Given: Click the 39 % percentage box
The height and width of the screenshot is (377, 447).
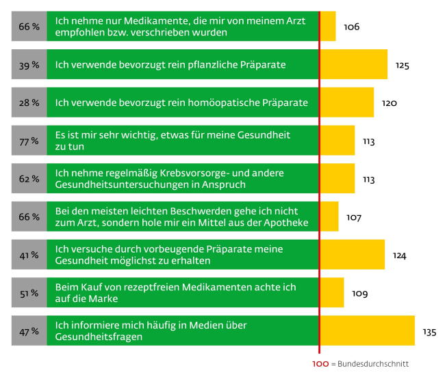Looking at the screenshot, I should pos(29,65).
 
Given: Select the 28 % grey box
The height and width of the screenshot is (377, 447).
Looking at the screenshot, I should pos(29,103).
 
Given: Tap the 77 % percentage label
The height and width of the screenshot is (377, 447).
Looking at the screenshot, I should pos(29,141).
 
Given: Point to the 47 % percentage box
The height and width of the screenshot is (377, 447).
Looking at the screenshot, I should pos(29,331).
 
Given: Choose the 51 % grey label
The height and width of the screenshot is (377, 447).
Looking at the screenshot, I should pos(29,292).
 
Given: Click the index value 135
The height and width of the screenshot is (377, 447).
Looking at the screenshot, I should pos(429,333).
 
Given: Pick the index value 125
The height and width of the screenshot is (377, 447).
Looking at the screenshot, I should pos(402,66).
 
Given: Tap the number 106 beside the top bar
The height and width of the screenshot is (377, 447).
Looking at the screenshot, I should pos(351,27).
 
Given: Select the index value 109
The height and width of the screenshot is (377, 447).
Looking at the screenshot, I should pos(359,294).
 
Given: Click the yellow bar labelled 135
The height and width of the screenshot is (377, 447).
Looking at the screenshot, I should pos(367,331).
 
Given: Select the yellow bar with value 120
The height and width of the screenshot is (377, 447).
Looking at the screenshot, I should pos(346,102).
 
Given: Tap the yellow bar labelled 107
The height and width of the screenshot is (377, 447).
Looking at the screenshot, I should pos(329,217).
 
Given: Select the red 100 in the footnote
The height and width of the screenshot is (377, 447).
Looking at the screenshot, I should pos(320,364).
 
